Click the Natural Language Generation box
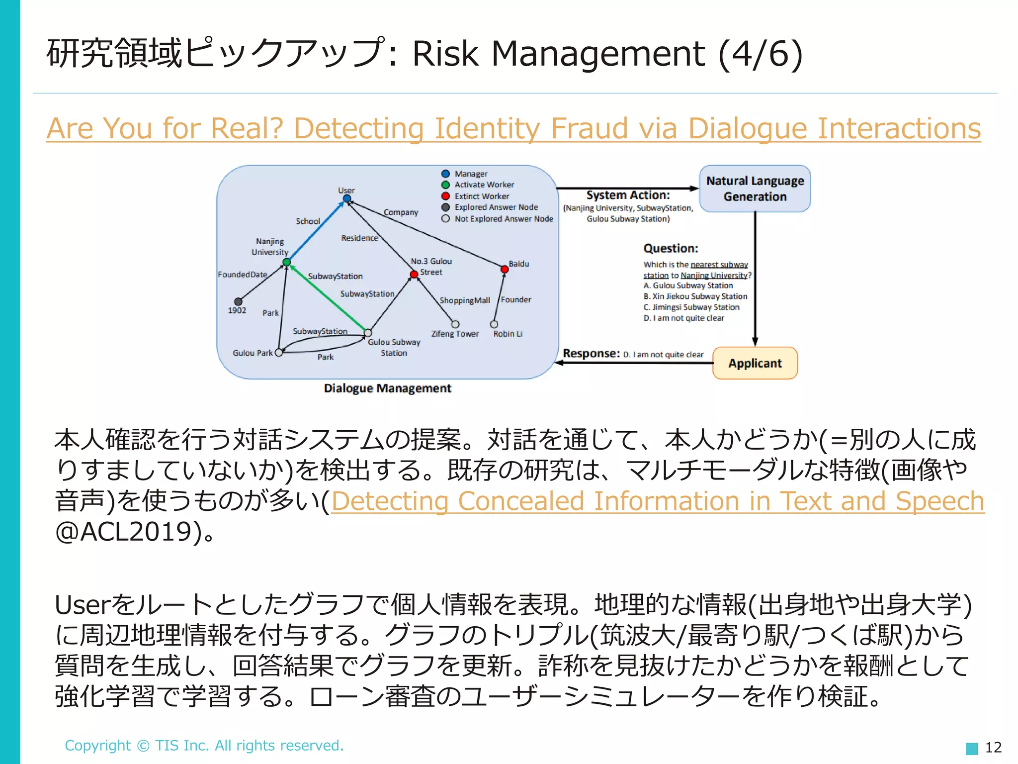(x=755, y=189)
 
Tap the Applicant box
(x=755, y=363)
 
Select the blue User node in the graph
(x=347, y=199)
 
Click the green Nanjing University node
(x=286, y=262)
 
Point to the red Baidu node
(x=505, y=269)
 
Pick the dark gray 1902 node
(x=239, y=301)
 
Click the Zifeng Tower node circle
(x=455, y=324)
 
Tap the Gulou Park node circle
(x=279, y=353)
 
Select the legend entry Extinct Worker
(x=481, y=196)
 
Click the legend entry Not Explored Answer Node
(x=503, y=218)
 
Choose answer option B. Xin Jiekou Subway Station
(x=695, y=296)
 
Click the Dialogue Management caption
(x=387, y=388)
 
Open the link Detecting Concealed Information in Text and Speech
(x=657, y=501)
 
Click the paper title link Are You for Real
(x=513, y=128)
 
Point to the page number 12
(x=993, y=747)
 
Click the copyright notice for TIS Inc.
(x=204, y=745)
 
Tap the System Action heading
(x=628, y=195)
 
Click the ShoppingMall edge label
(x=465, y=300)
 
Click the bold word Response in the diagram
(x=591, y=354)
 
